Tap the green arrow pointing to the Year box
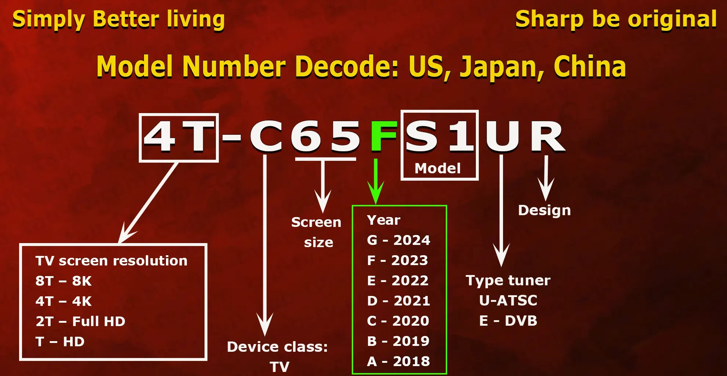tap(376, 181)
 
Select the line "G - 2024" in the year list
tap(398, 240)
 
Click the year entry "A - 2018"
tap(398, 361)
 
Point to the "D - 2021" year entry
tap(398, 301)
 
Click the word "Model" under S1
tap(437, 168)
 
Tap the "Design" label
tap(544, 210)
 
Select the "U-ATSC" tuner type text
tap(508, 300)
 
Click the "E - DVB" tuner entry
tap(508, 321)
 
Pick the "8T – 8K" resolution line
tap(64, 281)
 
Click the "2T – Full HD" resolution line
tap(80, 321)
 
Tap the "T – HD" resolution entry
tap(60, 341)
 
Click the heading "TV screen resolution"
tap(111, 261)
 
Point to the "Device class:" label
tap(277, 347)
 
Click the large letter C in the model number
tap(266, 136)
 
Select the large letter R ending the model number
tap(547, 136)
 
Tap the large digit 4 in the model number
tap(159, 136)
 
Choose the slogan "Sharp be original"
tap(616, 19)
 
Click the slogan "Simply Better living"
tap(119, 19)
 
